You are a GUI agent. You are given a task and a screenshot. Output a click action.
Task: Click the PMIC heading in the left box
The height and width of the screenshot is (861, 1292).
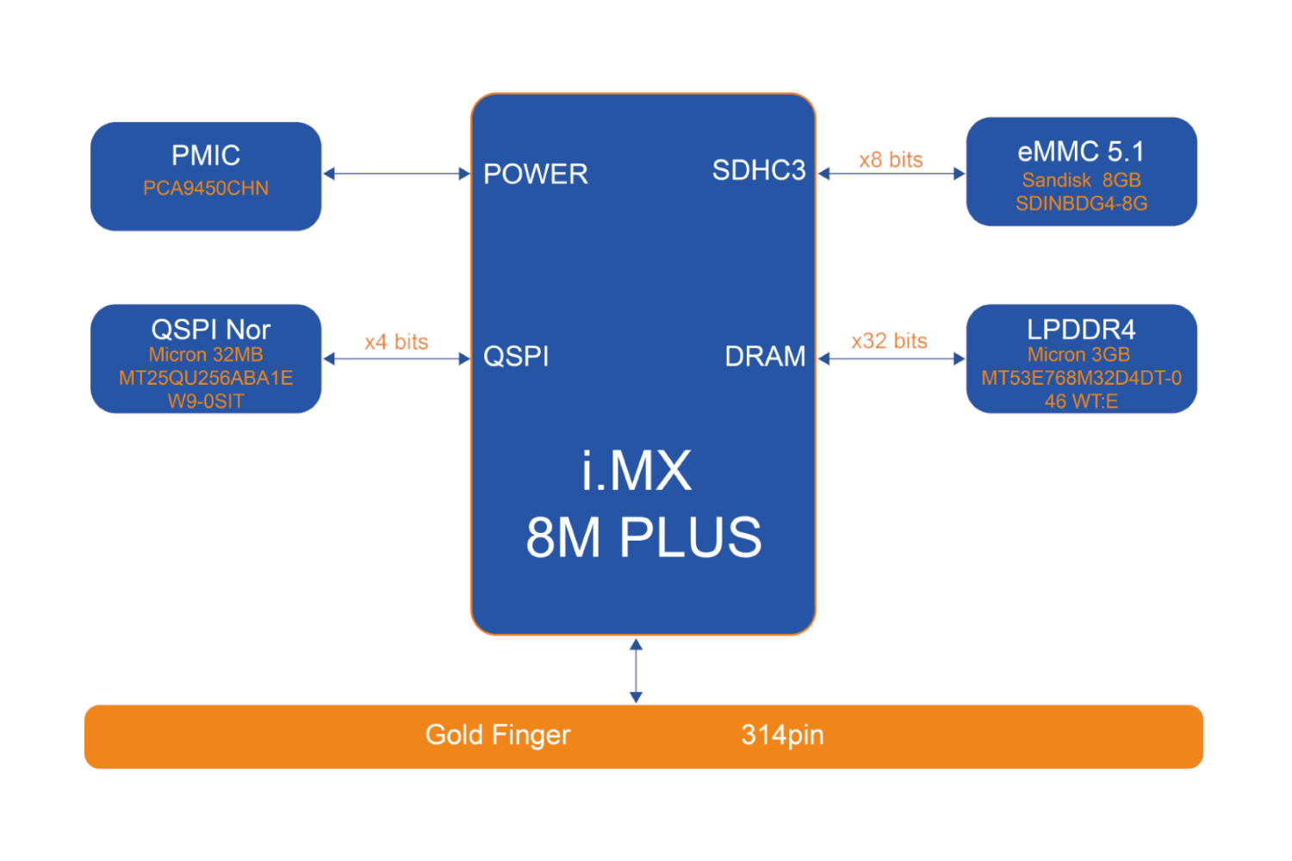tap(205, 156)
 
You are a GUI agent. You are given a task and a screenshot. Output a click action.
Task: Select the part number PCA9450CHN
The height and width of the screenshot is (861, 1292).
tap(205, 189)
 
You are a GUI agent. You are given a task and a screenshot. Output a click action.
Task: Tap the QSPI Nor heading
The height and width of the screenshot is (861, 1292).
tap(210, 330)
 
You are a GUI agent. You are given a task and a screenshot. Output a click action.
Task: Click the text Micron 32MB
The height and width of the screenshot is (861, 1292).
tap(205, 355)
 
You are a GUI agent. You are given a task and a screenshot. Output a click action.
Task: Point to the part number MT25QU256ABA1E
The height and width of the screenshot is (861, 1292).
tap(205, 378)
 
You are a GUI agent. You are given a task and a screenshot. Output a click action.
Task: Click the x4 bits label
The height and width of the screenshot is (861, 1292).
tap(396, 342)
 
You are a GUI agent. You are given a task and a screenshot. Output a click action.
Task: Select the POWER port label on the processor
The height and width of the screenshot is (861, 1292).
tap(535, 174)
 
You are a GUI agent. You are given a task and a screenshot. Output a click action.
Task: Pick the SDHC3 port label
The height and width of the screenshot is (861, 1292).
tap(758, 170)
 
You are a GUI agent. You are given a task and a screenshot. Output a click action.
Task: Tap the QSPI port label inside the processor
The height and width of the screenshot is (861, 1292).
tap(516, 356)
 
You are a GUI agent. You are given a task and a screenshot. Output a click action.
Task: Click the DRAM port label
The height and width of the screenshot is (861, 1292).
tap(765, 356)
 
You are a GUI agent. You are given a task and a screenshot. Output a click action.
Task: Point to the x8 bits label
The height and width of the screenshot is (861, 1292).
tap(891, 160)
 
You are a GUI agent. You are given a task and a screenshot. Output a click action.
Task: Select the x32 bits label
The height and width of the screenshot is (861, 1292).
tap(889, 341)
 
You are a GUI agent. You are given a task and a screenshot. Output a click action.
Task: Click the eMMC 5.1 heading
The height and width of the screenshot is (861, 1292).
tap(1080, 152)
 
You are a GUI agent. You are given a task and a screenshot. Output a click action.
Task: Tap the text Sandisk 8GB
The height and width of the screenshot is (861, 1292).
tap(1081, 180)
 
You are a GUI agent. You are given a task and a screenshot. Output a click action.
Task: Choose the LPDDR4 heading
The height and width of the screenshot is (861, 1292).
tap(1080, 330)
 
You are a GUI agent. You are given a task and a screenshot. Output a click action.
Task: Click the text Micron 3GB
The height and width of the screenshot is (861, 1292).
tap(1078, 355)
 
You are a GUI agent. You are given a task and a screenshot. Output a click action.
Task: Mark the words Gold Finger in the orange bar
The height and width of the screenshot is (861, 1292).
tap(498, 735)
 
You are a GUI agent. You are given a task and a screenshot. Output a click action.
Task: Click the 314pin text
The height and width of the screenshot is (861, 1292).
tap(782, 735)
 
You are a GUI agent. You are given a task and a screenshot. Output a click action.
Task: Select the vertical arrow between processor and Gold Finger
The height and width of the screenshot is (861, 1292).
tap(636, 671)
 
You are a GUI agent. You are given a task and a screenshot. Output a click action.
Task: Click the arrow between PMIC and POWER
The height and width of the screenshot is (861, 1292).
tap(396, 174)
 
